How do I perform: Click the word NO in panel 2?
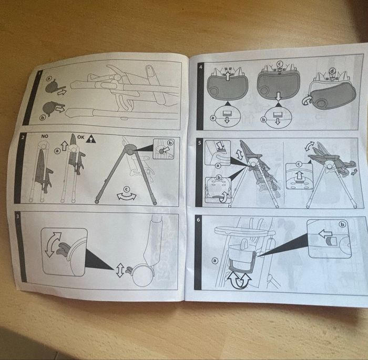[x=45, y=136]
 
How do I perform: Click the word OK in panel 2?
[x=80, y=137]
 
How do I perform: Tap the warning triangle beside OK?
[x=90, y=139]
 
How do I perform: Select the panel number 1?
[x=39, y=73]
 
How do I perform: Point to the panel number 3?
[x=18, y=216]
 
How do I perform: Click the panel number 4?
[x=200, y=67]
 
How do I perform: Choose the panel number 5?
[x=199, y=142]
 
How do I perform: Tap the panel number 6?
[x=198, y=220]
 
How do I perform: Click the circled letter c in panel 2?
[x=127, y=189]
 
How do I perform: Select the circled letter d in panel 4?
[x=332, y=71]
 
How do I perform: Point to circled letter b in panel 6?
[x=343, y=224]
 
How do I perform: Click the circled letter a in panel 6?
[x=214, y=261]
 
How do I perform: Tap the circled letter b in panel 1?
[x=43, y=118]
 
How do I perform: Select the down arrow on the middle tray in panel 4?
[x=278, y=96]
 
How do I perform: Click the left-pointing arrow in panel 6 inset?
[x=325, y=234]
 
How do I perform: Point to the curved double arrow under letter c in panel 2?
[x=127, y=197]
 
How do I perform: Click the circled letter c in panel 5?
[x=299, y=164]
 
